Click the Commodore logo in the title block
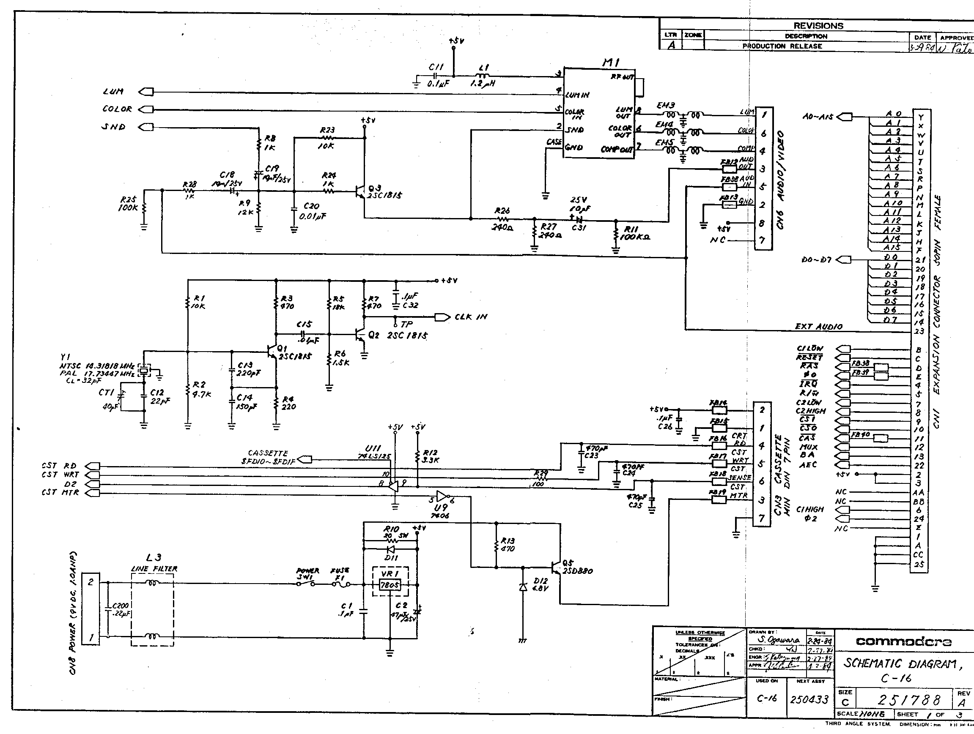[x=903, y=642]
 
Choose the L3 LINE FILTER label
[x=154, y=564]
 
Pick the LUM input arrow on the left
[x=146, y=92]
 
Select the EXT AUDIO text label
[x=818, y=327]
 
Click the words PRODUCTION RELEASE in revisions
[x=782, y=46]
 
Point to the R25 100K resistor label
[x=128, y=203]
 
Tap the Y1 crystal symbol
[x=144, y=370]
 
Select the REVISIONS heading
[x=818, y=25]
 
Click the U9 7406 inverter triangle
[x=442, y=497]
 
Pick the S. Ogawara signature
[x=779, y=640]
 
